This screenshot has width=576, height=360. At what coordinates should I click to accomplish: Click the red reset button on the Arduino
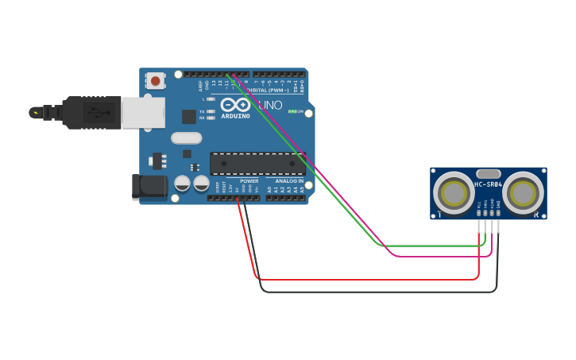coord(156,80)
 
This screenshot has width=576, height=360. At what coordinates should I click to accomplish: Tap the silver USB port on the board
coord(143,112)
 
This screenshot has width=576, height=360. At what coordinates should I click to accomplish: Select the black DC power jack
coord(149,187)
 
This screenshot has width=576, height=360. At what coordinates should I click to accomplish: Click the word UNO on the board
coord(270,105)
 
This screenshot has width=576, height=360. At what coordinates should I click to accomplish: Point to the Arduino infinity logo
coord(235,105)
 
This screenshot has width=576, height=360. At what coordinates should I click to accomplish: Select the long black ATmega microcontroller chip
coord(257,164)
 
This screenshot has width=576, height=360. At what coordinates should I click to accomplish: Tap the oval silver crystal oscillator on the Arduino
coord(187,137)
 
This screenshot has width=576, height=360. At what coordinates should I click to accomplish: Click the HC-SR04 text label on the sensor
coord(488,184)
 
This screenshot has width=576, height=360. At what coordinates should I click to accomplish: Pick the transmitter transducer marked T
coord(454,192)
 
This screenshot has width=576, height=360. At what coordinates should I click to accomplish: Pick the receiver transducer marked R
coord(524,192)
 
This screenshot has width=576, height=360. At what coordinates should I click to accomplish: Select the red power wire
coord(365,279)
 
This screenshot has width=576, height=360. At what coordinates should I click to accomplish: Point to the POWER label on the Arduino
coord(249,180)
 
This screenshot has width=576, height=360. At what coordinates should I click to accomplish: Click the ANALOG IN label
coord(290,180)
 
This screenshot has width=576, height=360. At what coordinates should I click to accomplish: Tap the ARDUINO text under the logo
coord(235,116)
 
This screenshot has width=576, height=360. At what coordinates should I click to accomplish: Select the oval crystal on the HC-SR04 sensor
coord(488,173)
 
